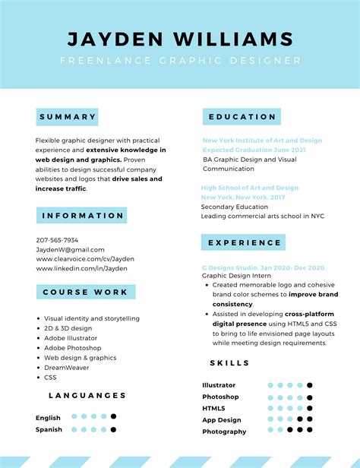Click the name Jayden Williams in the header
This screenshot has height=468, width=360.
tap(180, 39)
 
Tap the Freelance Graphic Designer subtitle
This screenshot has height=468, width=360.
tap(180, 61)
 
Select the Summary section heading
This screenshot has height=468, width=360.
tap(68, 117)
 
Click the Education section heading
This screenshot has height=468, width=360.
tap(242, 116)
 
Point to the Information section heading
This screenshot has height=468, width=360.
tap(81, 215)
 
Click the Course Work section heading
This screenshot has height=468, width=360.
tap(85, 292)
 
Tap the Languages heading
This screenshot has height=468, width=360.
tap(87, 395)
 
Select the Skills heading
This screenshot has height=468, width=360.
tap(229, 363)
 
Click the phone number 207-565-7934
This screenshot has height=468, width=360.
tap(57, 240)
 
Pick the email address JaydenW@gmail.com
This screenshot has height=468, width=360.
tap(70, 249)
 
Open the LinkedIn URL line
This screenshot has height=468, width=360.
tap(81, 268)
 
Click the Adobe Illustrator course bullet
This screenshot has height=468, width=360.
tap(72, 337)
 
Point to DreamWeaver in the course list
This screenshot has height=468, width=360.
tap(66, 367)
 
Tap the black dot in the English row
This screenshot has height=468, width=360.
tap(113, 416)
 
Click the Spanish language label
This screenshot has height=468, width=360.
tap(49, 429)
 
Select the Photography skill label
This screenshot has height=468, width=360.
tap(224, 432)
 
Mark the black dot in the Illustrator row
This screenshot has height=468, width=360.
tap(310, 385)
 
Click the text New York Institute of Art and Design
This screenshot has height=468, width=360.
tap(262, 141)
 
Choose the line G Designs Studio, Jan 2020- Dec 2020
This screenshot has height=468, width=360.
tap(263, 267)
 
